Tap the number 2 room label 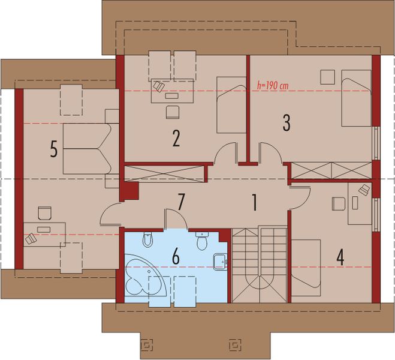pos(176,138)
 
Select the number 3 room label pos(286,122)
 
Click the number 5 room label pos(54,149)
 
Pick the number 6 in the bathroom pos(176,256)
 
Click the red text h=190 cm pos(272,85)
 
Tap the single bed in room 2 pos(231,104)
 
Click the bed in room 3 pos(356,98)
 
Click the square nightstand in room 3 pos(327,77)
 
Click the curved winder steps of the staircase pos(260,285)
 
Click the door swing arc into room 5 pos(110,211)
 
